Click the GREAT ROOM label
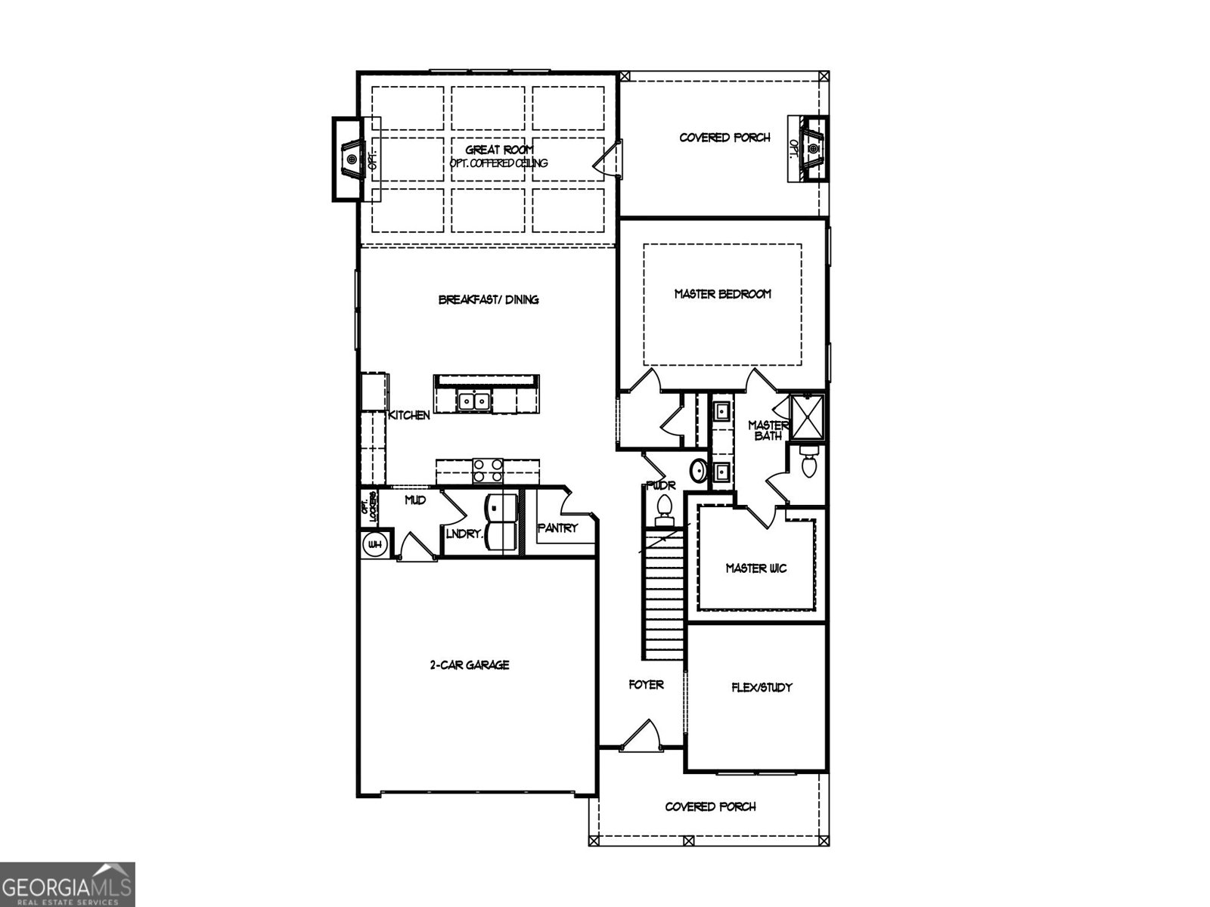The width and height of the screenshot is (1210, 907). coord(499,150)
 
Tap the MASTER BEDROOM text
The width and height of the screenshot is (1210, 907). coord(722,294)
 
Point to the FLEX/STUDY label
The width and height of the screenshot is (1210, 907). coord(762,687)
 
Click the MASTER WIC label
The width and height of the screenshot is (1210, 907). coord(755,568)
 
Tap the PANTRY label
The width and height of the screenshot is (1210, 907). coord(557,528)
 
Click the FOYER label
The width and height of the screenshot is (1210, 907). coord(646,684)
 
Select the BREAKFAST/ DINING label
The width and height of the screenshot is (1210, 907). coord(489,299)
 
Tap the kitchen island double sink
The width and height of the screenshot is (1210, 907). coord(474,400)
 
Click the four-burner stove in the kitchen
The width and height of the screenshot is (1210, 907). coord(488,470)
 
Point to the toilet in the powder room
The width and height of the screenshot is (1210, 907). coord(665,508)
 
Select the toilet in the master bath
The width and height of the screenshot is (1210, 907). coord(807,461)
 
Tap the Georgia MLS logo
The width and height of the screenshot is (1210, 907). coord(67,884)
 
